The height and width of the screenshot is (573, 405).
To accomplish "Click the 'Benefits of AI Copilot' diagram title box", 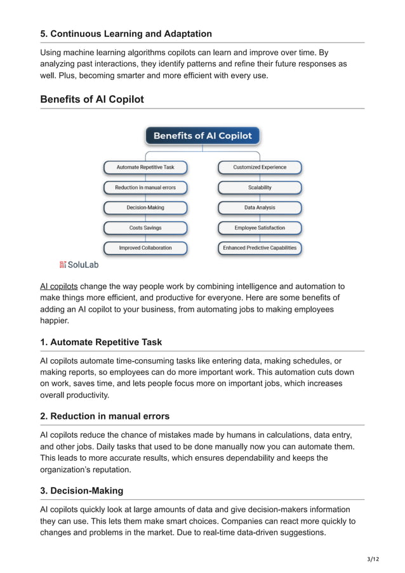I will (202, 136).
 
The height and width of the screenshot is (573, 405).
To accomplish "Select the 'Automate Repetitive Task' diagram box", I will (145, 168).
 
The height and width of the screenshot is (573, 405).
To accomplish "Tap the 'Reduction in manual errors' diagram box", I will (145, 188).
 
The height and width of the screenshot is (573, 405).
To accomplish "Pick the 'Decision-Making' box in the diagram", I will (145, 207).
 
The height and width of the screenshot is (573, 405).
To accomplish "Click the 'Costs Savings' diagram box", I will (145, 228).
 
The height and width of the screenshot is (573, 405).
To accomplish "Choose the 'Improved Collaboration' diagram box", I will (145, 247).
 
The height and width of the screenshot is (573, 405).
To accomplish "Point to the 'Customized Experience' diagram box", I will (260, 168).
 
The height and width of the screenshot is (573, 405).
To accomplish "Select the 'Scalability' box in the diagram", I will (260, 188).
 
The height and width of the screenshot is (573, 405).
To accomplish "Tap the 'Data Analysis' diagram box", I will (260, 207).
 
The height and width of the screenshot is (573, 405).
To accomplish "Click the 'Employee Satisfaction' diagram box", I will (260, 228).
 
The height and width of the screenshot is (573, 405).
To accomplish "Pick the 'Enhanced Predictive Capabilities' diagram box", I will (260, 247).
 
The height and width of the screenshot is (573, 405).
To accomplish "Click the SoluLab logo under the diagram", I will (79, 264).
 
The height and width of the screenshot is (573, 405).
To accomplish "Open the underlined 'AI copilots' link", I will (58, 286).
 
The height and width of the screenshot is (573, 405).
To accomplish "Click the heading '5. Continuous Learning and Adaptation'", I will (126, 34).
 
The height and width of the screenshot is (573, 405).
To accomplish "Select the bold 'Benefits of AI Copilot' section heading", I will (92, 100).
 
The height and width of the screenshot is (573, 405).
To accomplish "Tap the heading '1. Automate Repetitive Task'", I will (101, 342).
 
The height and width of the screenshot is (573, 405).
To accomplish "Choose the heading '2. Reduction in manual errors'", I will (105, 416).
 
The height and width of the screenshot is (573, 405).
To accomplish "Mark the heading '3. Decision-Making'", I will (81, 491).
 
